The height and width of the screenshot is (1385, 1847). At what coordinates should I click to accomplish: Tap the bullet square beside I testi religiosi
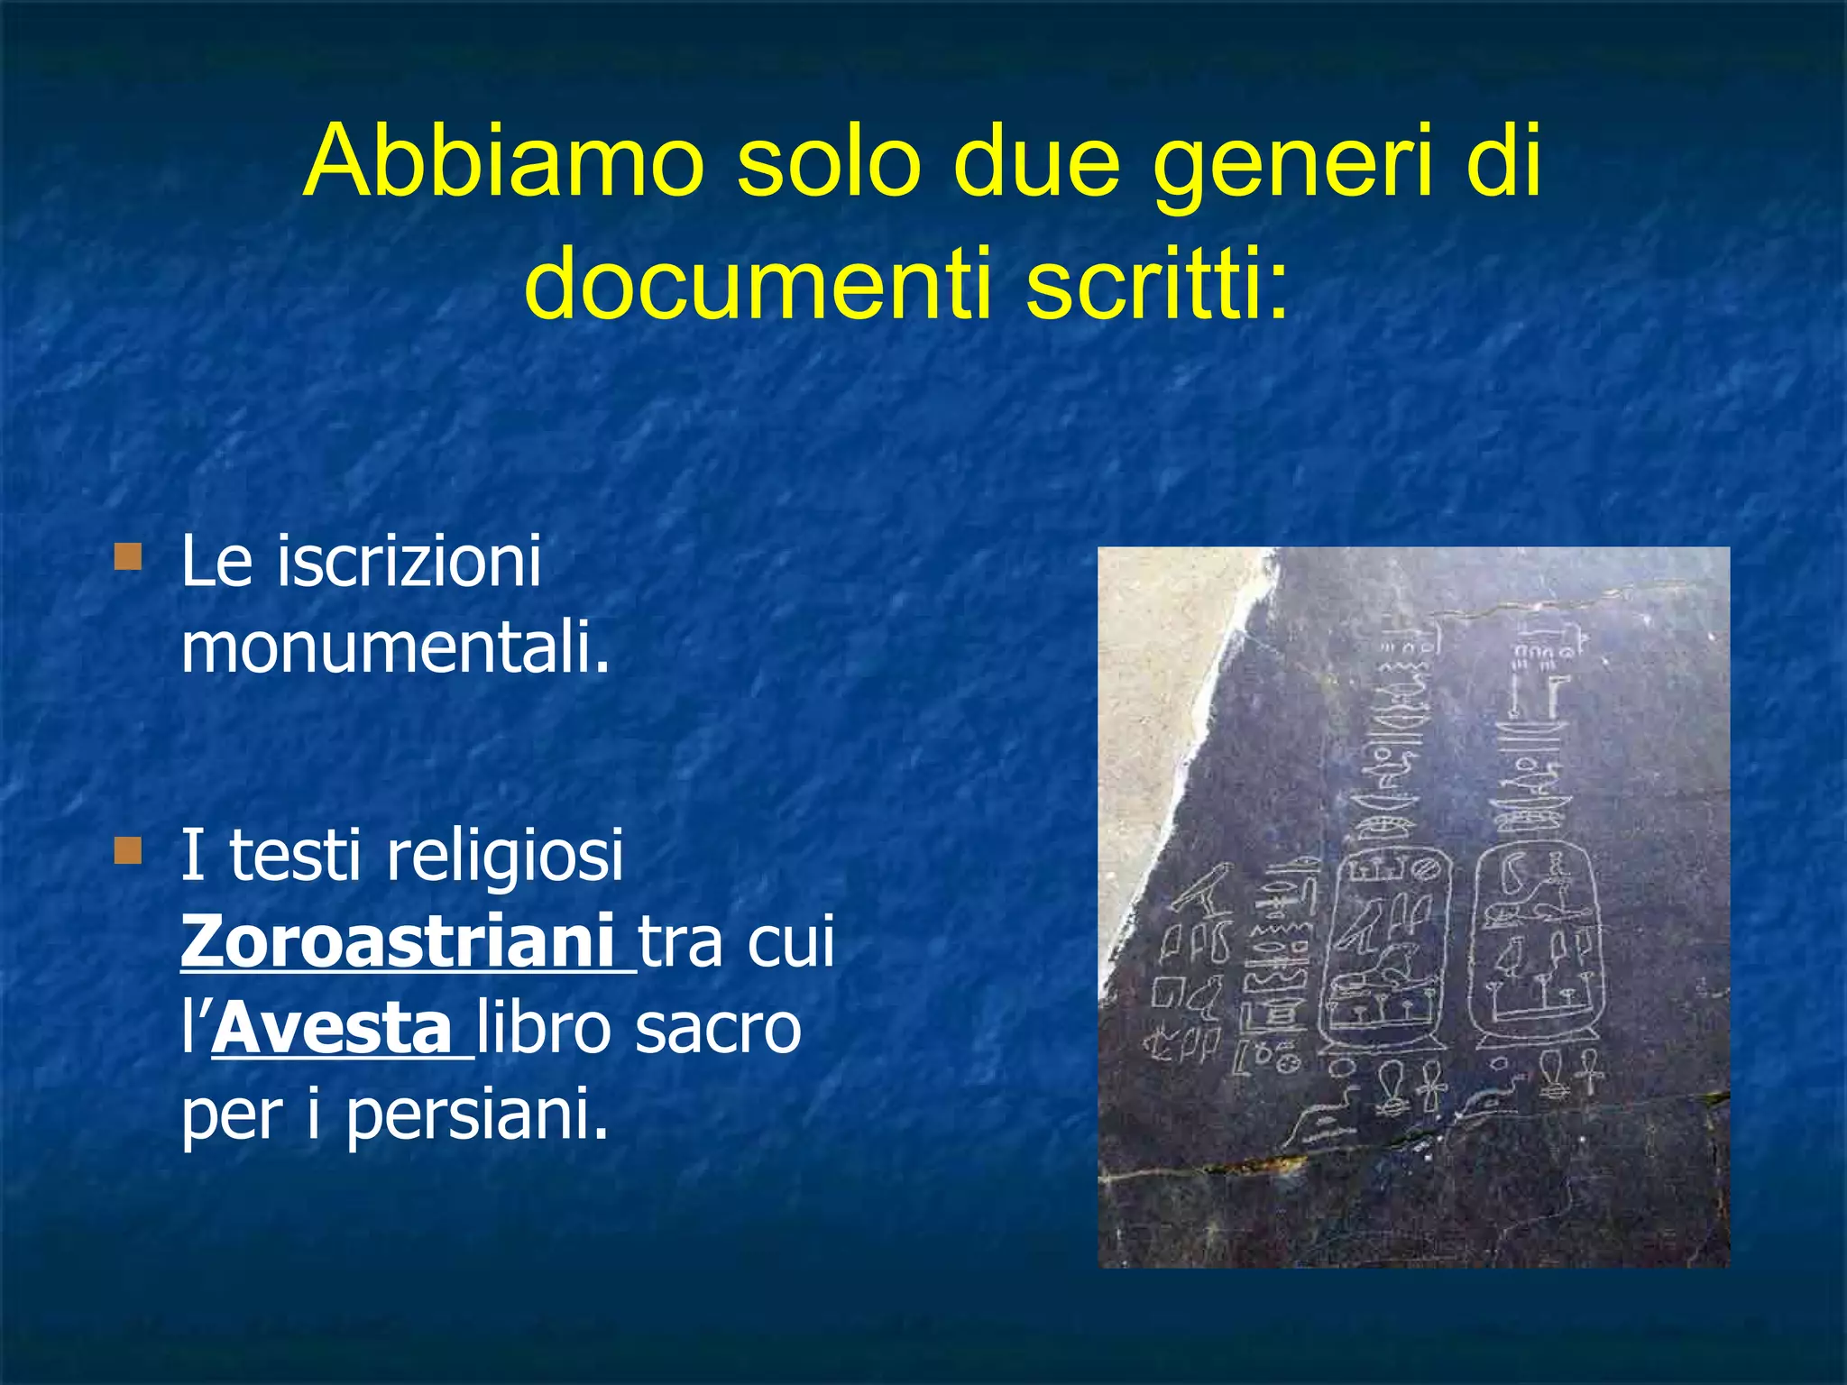tap(128, 850)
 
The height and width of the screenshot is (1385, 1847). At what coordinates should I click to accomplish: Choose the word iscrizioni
tap(409, 561)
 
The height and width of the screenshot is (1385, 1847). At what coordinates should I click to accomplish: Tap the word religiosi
tap(504, 856)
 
